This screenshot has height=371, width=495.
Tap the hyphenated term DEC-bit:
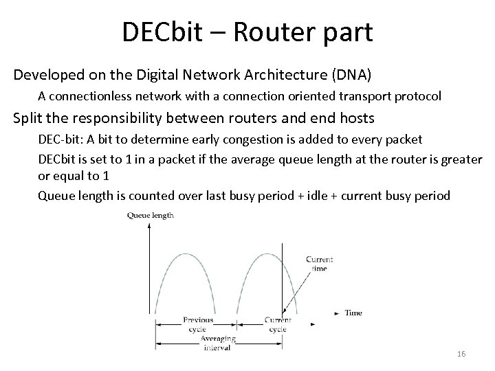[x=60, y=139]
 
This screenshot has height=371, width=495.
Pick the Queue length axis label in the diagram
[x=151, y=215]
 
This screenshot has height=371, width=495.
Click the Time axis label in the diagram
[x=353, y=313]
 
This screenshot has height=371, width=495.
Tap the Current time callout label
[x=319, y=264]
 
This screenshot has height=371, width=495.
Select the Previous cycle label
[x=197, y=324]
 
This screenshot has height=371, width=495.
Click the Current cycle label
[x=278, y=324]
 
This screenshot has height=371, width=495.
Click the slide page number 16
[x=461, y=354]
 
